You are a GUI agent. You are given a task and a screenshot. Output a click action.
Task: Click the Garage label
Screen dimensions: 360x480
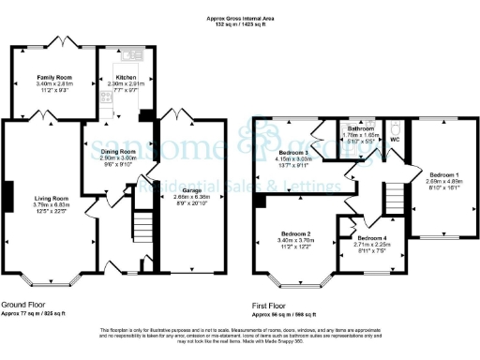(193, 190)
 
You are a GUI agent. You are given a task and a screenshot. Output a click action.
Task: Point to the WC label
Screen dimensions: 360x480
(395, 139)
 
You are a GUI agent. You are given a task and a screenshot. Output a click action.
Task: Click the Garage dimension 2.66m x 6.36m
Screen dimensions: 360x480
(193, 197)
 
